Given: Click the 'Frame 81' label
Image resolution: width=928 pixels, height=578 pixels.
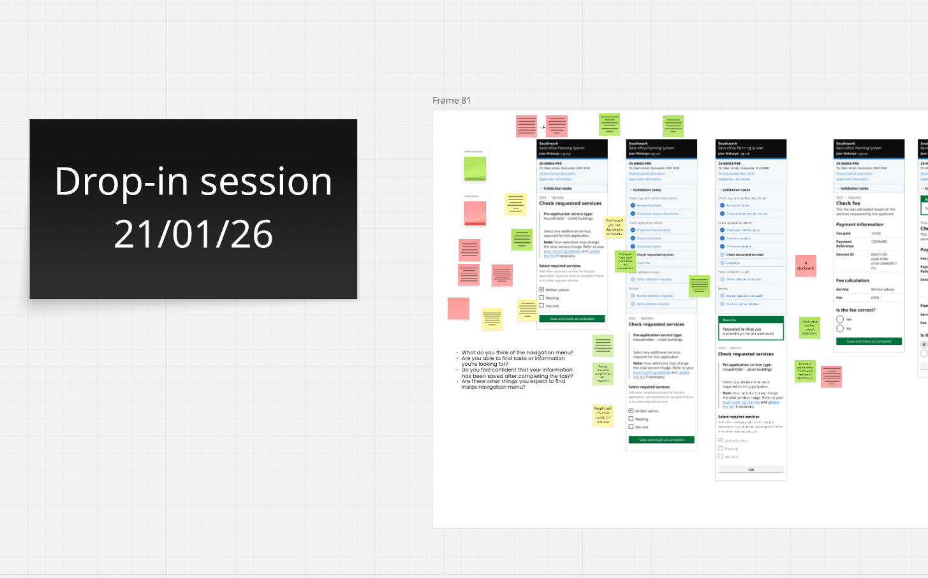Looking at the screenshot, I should pos(452,101).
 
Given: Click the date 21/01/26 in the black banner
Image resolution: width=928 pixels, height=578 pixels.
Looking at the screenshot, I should pos(193,234).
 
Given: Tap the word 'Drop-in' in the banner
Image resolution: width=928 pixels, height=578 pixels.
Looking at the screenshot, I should pos(121,182).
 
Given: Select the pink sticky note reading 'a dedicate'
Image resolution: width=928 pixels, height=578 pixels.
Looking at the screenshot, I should pos(806,266).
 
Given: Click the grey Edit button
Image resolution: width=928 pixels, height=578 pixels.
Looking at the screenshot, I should pos(751,470).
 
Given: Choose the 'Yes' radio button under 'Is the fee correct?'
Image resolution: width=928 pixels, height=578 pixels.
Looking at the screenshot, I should pos(840,319).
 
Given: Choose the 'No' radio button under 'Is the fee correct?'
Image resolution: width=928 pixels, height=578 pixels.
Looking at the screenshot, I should pos(840,329).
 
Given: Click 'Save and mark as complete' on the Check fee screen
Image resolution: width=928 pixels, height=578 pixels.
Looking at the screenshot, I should pos(869,342).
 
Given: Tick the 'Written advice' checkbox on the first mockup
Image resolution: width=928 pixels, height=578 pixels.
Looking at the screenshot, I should pos(541,290).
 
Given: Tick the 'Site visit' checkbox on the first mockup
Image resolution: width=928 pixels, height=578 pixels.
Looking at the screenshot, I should pos(541,306).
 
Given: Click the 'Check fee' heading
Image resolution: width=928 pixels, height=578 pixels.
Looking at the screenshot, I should pos(848,203).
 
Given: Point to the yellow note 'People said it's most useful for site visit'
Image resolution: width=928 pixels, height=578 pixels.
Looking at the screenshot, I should pos(603,415).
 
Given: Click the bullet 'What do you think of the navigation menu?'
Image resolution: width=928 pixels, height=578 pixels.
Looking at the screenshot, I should pos(517,352).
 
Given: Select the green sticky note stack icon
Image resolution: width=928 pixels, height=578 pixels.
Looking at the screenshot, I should pos(475,169).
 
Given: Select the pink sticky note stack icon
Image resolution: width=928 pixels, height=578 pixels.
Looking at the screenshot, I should pos(475,213).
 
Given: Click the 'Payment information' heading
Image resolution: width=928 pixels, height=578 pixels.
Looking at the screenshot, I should pos(860,224).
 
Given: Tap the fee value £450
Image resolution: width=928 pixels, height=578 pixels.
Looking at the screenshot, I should pos(875,298).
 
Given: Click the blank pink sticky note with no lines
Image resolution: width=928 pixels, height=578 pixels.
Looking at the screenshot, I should pos(459,308).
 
